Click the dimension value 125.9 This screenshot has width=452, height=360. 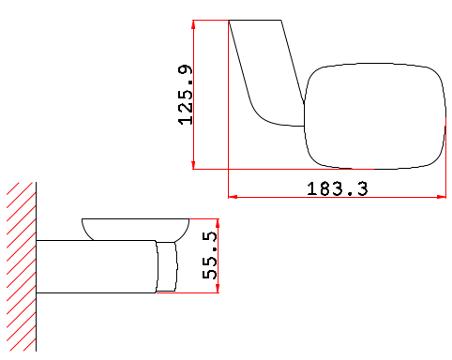tap(186, 95)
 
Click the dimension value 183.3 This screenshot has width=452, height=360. tap(338, 189)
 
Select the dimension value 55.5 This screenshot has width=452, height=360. tap(210, 255)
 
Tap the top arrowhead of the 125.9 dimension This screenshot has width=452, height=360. tap(193, 24)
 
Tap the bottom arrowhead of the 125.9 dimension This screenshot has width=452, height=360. tap(193, 165)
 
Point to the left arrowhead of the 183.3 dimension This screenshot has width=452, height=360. tap(233, 197)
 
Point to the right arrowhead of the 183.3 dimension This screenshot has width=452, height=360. tap(442, 197)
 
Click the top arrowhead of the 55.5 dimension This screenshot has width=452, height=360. tap(218, 223)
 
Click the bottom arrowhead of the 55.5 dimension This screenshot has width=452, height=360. tap(218, 289)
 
